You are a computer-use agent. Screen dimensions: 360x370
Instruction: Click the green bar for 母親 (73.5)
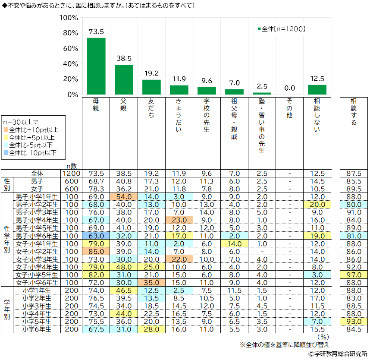96,66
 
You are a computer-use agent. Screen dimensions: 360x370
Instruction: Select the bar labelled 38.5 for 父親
124,79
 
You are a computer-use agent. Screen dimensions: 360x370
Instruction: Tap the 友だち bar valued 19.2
151,87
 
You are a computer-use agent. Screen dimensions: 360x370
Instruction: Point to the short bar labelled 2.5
262,93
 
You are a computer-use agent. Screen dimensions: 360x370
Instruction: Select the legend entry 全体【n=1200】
282,29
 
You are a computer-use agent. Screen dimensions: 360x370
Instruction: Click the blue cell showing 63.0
96,236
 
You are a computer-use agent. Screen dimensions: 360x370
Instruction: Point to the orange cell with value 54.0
124,196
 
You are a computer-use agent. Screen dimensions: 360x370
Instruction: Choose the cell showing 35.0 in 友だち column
151,283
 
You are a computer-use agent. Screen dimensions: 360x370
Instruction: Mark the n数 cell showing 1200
71,173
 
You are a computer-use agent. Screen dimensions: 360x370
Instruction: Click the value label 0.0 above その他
289,88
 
